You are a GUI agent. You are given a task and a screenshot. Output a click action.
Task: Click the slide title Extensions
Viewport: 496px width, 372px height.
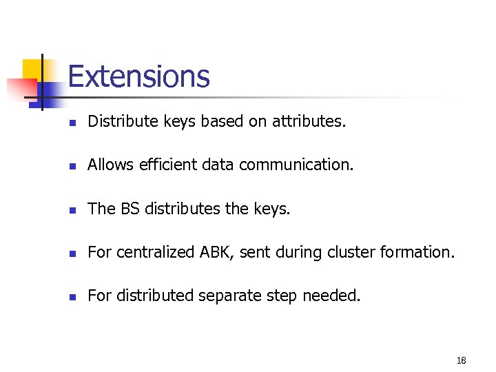(138, 76)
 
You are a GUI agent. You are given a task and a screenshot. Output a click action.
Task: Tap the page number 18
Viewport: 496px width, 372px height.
(461, 360)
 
